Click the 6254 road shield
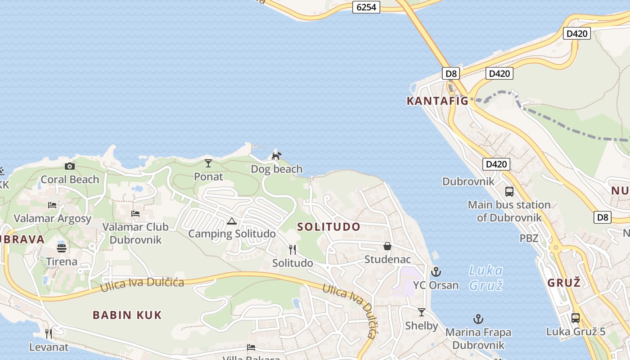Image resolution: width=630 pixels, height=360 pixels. click(x=366, y=7)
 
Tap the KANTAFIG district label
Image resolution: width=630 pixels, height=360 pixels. click(x=437, y=101)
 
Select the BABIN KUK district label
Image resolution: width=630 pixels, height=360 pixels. click(x=127, y=315)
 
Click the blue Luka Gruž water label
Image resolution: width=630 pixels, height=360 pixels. click(x=486, y=278)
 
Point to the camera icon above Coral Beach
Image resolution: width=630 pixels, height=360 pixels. click(x=69, y=166)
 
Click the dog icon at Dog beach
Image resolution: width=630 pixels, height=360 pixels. click(x=276, y=156)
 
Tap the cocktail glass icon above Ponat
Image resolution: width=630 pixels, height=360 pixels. click(x=208, y=163)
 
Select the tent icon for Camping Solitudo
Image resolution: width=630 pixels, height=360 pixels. click(x=231, y=221)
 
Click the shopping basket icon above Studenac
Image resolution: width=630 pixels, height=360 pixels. click(x=387, y=247)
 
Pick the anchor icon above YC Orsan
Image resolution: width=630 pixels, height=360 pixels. click(x=436, y=272)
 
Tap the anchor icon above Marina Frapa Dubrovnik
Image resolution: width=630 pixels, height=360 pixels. click(x=478, y=319)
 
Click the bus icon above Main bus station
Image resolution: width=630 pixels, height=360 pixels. click(x=509, y=192)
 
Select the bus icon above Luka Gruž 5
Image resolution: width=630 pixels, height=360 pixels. click(x=575, y=318)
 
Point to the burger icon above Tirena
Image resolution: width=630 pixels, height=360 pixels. click(x=62, y=248)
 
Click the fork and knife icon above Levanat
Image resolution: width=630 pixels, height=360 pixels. click(x=49, y=333)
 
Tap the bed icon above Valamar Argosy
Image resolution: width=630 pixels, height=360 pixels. click(x=52, y=205)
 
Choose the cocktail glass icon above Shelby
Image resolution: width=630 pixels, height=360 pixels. click(x=422, y=312)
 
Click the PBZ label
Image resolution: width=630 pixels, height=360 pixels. click(x=529, y=238)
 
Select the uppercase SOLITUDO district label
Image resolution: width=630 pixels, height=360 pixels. click(x=329, y=227)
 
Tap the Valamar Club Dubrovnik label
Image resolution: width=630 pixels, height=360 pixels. click(x=135, y=233)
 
